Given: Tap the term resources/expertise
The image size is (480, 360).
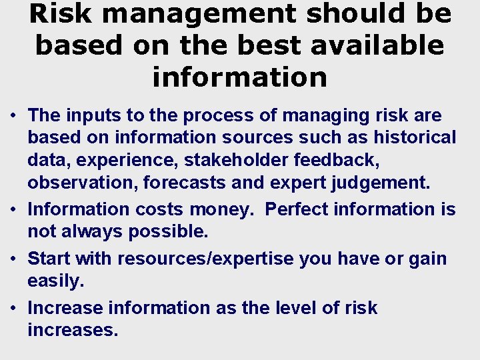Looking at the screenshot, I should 205,259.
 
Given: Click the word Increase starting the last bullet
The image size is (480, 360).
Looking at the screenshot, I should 65,308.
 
